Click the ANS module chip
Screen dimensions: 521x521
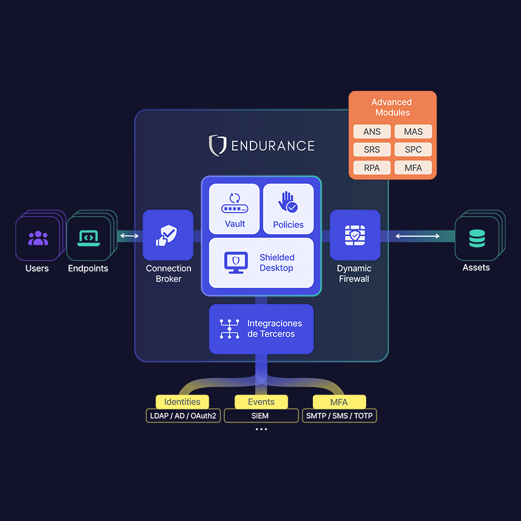[372, 132]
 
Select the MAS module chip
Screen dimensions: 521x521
[413, 132]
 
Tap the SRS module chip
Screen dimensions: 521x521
[372, 150]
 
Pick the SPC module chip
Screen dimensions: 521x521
[413, 150]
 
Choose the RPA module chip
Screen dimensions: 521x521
[372, 168]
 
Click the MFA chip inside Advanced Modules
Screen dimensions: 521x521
[413, 168]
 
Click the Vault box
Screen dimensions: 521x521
[234, 209]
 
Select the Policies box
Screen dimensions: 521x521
[288, 209]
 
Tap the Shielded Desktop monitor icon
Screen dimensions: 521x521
[236, 263]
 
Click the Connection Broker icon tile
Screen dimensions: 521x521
[168, 235]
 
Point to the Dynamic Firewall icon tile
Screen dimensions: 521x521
[355, 235]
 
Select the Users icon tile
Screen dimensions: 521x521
[38, 237]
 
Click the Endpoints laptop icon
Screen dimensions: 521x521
[89, 237]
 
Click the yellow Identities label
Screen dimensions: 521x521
[182, 402]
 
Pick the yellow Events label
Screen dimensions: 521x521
[261, 402]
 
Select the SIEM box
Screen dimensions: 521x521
[261, 416]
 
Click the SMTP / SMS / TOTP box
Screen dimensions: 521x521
[339, 416]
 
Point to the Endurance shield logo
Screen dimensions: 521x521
[217, 145]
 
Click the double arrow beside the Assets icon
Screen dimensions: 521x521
[417, 236]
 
